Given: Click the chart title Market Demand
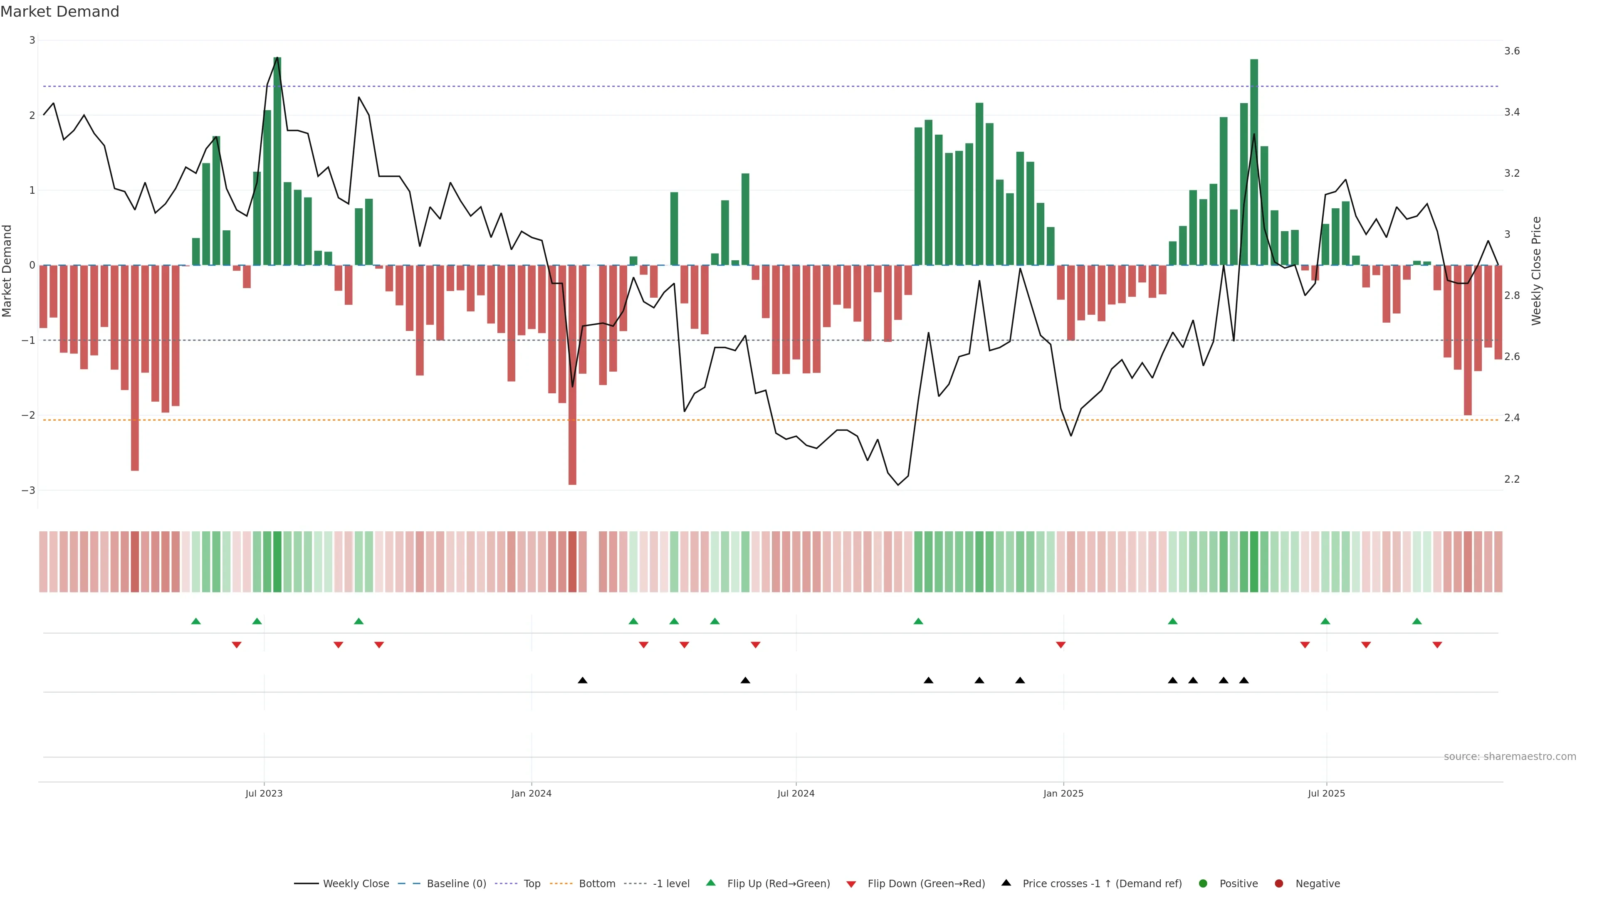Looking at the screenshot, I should (59, 12).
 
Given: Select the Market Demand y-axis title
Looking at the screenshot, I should (7, 271).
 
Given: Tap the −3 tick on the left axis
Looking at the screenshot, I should (28, 490).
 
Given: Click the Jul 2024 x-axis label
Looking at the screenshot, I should (796, 793).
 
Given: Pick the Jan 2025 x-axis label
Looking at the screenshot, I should (1063, 793).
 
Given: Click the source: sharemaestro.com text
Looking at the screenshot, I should (1510, 757).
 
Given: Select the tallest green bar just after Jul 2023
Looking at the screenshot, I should (277, 161).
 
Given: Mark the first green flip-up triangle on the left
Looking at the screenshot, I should (196, 621).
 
